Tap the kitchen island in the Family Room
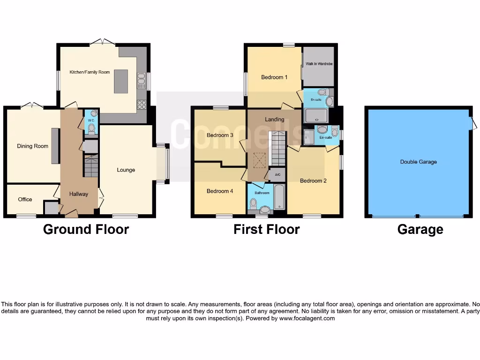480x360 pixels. (121, 81)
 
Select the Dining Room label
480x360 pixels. (33, 146)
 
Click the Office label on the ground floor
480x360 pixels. (25, 199)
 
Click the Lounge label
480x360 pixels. (126, 170)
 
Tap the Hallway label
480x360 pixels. (79, 194)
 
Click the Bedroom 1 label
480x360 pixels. (274, 77)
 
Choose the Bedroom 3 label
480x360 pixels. (220, 135)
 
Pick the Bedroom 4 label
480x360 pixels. (220, 191)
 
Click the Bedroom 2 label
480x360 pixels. (313, 181)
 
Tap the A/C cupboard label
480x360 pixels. (277, 175)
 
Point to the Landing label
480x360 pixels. (274, 120)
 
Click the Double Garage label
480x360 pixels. (418, 162)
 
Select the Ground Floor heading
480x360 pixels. (86, 229)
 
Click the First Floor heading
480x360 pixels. (266, 229)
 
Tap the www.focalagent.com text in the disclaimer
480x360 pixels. (307, 318)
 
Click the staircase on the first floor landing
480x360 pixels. (276, 148)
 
